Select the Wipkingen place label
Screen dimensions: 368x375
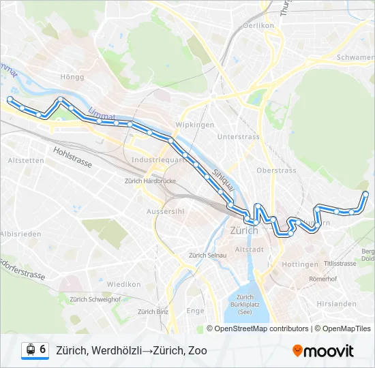point(195,125)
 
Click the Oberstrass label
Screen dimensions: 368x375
point(276,170)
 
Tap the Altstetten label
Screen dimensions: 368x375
point(25,161)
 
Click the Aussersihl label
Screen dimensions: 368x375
point(166,211)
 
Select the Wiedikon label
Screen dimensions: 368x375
point(123,283)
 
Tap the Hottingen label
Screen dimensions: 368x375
point(299,264)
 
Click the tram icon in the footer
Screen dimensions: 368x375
point(30,350)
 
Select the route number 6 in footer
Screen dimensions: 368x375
point(43,350)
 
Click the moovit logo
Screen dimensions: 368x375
point(323,350)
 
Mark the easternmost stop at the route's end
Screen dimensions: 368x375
point(366,195)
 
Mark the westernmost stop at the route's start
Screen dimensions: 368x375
point(10,99)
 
